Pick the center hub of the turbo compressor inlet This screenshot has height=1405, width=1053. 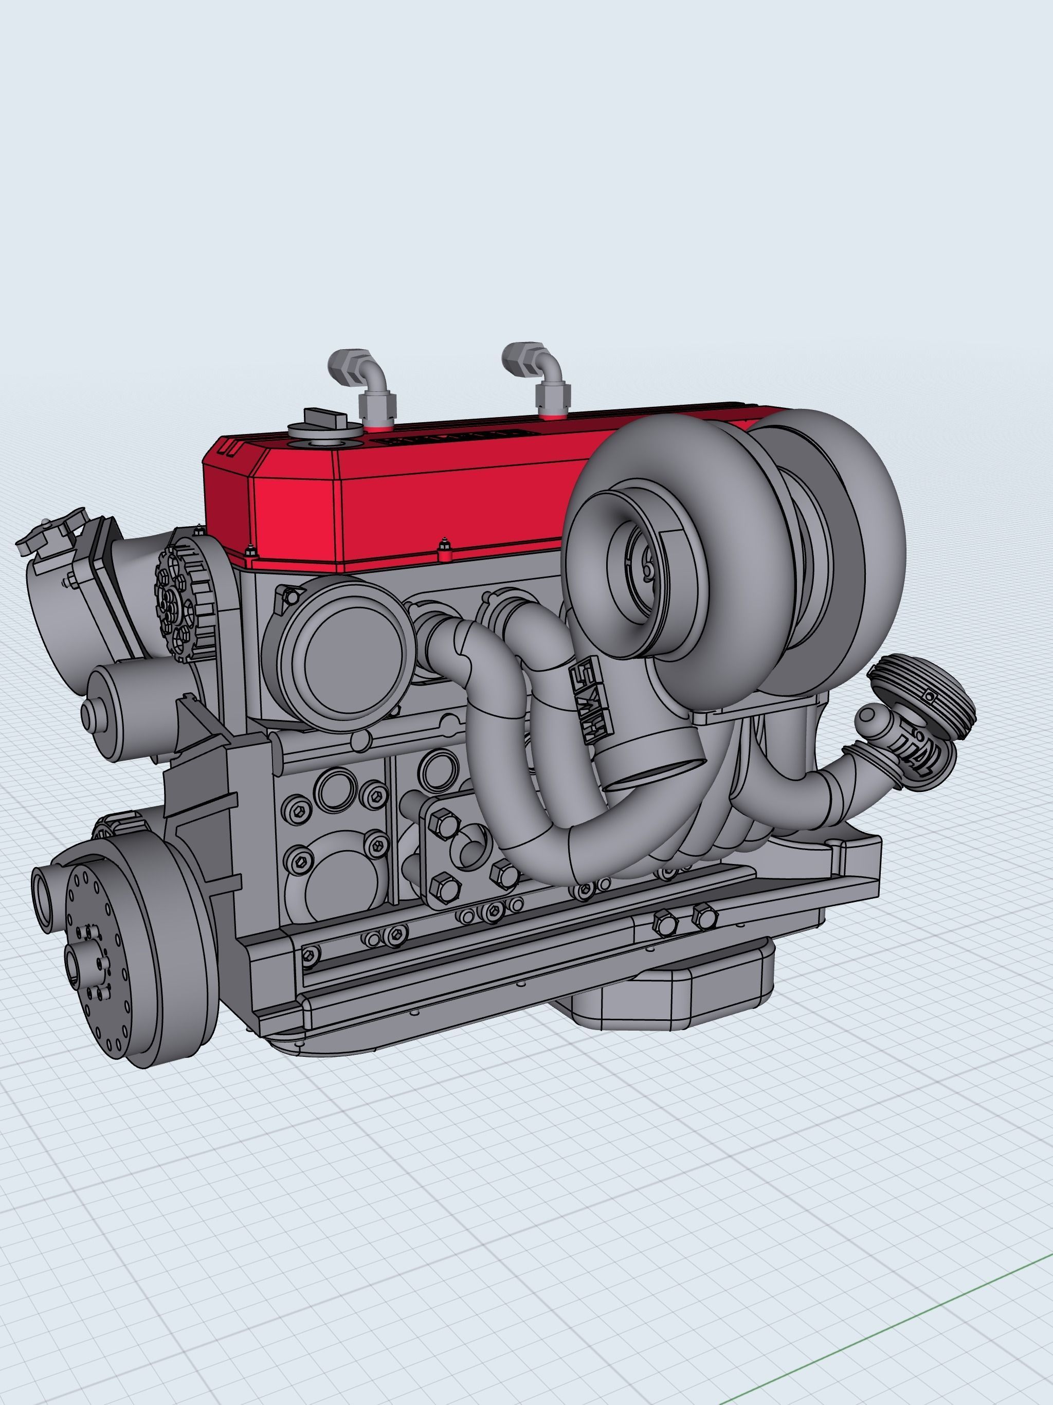coord(646,572)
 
